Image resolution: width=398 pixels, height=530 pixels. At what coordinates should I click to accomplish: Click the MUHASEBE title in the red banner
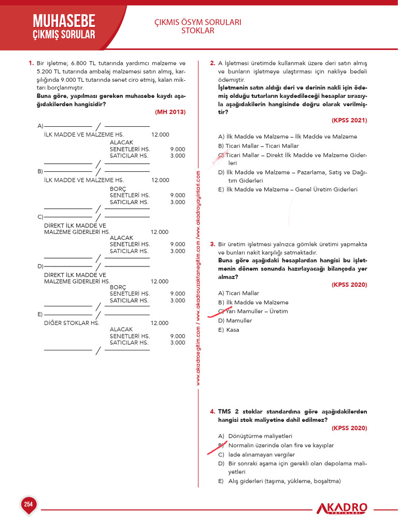pyautogui.click(x=64, y=21)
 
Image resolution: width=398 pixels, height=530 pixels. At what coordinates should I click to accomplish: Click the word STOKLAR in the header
pyautogui.click(x=197, y=31)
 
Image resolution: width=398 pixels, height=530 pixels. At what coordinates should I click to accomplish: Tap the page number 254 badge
pyautogui.click(x=28, y=504)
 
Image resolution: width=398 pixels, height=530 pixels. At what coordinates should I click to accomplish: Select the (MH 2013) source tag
pyautogui.click(x=170, y=112)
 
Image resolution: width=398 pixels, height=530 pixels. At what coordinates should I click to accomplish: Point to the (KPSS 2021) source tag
pyautogui.click(x=349, y=120)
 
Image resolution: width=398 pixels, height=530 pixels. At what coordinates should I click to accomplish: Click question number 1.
pyautogui.click(x=31, y=64)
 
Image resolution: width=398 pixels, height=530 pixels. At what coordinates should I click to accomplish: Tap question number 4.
pyautogui.click(x=212, y=412)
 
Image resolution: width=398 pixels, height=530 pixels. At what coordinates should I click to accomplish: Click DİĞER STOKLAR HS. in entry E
pyautogui.click(x=72, y=323)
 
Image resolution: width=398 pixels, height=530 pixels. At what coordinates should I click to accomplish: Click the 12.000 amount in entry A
pyautogui.click(x=160, y=135)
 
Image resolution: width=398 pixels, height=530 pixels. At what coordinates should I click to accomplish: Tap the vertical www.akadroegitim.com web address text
pyautogui.click(x=198, y=279)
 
